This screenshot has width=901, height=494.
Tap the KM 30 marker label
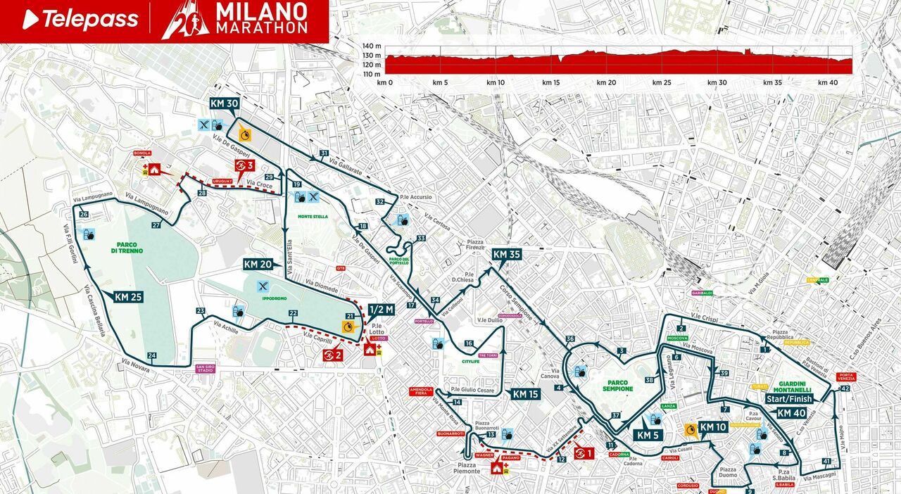224,103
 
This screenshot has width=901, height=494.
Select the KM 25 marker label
128,297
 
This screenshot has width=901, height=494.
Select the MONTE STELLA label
313,216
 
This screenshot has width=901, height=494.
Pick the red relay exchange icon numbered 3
244,165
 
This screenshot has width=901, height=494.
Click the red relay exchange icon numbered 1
584,453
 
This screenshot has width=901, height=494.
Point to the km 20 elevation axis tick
606,82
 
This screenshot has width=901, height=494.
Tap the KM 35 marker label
506,255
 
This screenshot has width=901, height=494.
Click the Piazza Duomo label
727,473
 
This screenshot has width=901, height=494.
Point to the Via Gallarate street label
349,167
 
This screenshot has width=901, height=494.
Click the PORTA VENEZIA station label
845,376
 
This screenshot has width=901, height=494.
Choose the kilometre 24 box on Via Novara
151,355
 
